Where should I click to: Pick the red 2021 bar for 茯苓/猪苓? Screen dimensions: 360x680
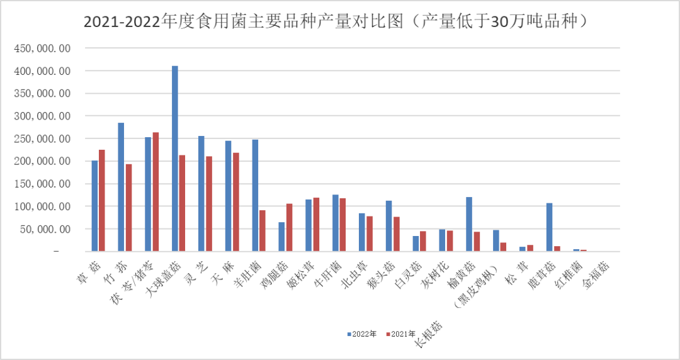point(156,192)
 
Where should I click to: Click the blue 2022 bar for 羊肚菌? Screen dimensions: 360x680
point(255,195)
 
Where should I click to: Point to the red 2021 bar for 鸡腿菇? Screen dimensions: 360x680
point(290,227)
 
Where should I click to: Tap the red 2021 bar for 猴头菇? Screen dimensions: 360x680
point(397,233)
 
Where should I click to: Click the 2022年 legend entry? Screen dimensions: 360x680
point(363,334)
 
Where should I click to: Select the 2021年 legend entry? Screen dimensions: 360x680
point(401,334)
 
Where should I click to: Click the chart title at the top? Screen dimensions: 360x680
point(337,22)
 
